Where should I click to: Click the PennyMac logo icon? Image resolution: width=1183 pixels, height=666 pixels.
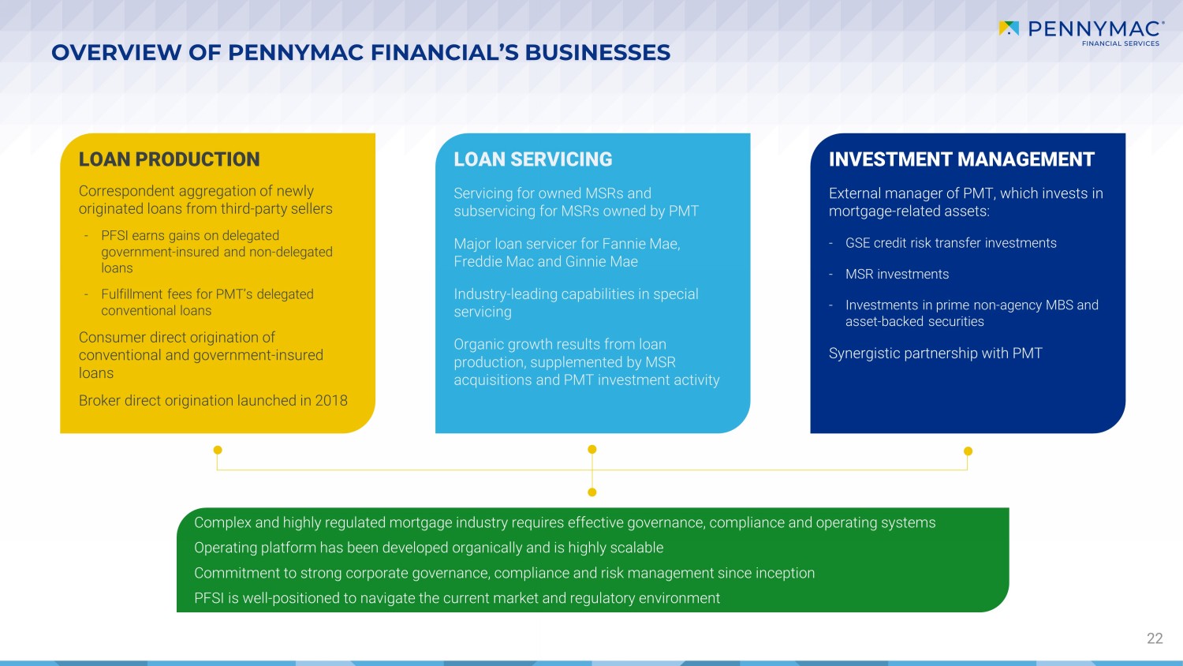tap(1009, 28)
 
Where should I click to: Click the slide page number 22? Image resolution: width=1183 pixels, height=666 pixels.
tap(1155, 638)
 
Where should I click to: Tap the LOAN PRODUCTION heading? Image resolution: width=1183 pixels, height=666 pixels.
tap(169, 159)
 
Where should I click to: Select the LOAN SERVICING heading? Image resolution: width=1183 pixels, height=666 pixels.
tap(533, 159)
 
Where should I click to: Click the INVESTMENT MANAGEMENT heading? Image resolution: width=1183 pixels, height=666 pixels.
tap(961, 159)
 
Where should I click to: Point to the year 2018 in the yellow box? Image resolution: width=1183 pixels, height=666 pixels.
tap(331, 401)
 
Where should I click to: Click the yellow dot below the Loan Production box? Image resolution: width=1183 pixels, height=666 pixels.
tap(218, 450)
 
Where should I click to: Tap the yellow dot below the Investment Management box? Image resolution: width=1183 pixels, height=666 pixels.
tap(968, 451)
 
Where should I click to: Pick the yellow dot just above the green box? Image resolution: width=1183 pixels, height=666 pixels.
tap(592, 492)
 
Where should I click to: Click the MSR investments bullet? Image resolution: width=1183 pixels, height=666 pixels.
tap(897, 275)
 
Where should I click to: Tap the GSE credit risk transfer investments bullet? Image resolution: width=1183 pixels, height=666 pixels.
tap(950, 243)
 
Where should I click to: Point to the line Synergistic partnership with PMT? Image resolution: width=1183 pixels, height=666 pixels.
tap(935, 353)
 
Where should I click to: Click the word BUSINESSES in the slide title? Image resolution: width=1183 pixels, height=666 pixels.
tap(597, 52)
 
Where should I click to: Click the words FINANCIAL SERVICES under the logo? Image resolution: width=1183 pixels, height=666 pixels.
tap(1121, 43)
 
